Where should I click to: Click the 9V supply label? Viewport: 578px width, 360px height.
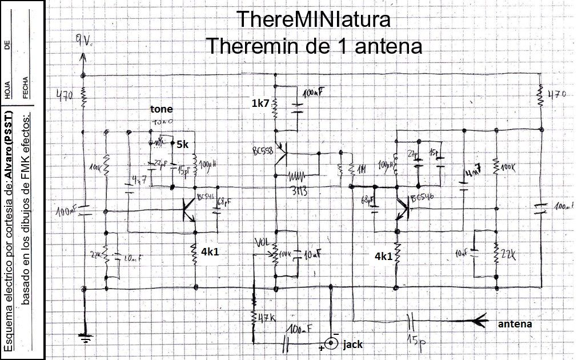[x=83, y=41]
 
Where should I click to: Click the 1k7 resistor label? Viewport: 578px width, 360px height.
[x=260, y=103]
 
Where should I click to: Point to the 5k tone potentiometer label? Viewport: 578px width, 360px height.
[x=182, y=145]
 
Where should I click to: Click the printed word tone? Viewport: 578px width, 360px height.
[x=161, y=109]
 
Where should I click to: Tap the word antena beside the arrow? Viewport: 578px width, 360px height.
[x=515, y=324]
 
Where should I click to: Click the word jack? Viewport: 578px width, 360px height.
[x=352, y=345]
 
